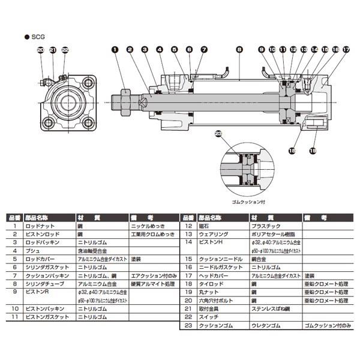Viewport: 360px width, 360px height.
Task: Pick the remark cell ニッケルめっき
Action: (x=149, y=227)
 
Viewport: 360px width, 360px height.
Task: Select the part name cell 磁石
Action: (x=203, y=227)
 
